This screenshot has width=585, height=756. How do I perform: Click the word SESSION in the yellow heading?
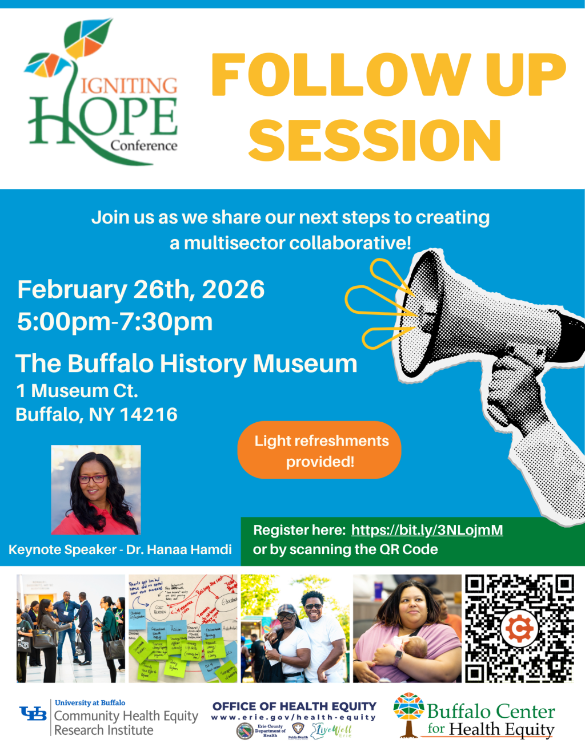click(x=375, y=140)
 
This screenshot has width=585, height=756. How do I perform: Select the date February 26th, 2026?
click(x=141, y=290)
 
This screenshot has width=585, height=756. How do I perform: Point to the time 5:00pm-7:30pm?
click(x=115, y=322)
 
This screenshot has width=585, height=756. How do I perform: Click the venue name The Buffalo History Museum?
click(x=186, y=363)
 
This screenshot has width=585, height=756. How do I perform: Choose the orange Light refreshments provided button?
click(x=319, y=450)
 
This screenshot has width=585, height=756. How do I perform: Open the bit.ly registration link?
click(x=427, y=530)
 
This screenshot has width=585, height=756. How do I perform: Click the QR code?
click(x=519, y=628)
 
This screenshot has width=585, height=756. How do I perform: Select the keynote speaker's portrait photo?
click(x=96, y=490)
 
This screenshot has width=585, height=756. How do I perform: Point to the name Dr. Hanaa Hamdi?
click(x=179, y=549)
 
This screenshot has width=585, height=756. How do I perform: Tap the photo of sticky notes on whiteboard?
click(x=183, y=628)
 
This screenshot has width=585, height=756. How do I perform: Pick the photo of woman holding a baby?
click(x=407, y=628)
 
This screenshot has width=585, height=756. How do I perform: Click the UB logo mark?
click(x=33, y=714)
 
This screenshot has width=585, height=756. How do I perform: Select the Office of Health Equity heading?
click(x=294, y=706)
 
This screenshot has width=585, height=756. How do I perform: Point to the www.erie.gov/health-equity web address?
click(x=294, y=718)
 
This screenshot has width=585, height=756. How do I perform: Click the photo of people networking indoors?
click(x=71, y=628)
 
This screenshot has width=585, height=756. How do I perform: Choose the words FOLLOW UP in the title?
click(x=388, y=75)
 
